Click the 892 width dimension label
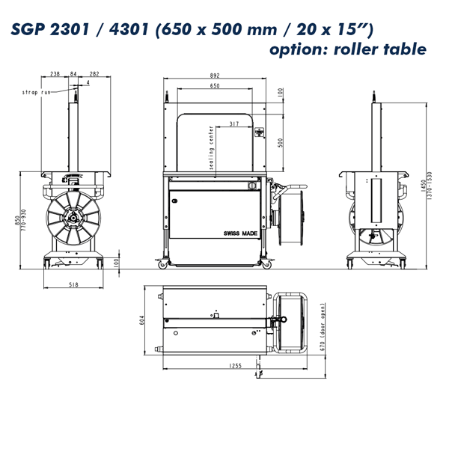[215, 76]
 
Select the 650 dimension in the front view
[215, 85]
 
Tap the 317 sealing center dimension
[234, 123]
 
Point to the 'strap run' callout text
[36, 92]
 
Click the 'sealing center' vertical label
[211, 147]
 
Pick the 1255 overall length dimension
[235, 366]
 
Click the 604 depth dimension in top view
[141, 320]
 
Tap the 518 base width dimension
[73, 284]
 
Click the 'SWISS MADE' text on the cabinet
[240, 233]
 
